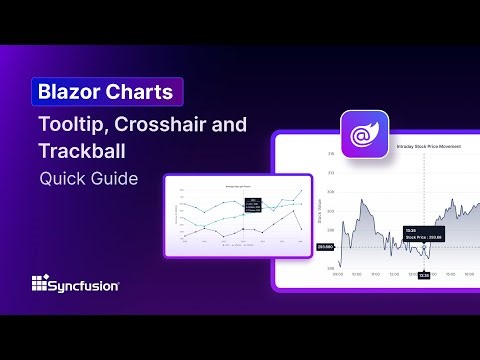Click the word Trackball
tap(81, 155)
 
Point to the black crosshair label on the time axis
tap(424, 275)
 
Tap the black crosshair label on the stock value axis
tap(325, 246)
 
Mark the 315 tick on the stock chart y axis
tap(331, 155)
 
